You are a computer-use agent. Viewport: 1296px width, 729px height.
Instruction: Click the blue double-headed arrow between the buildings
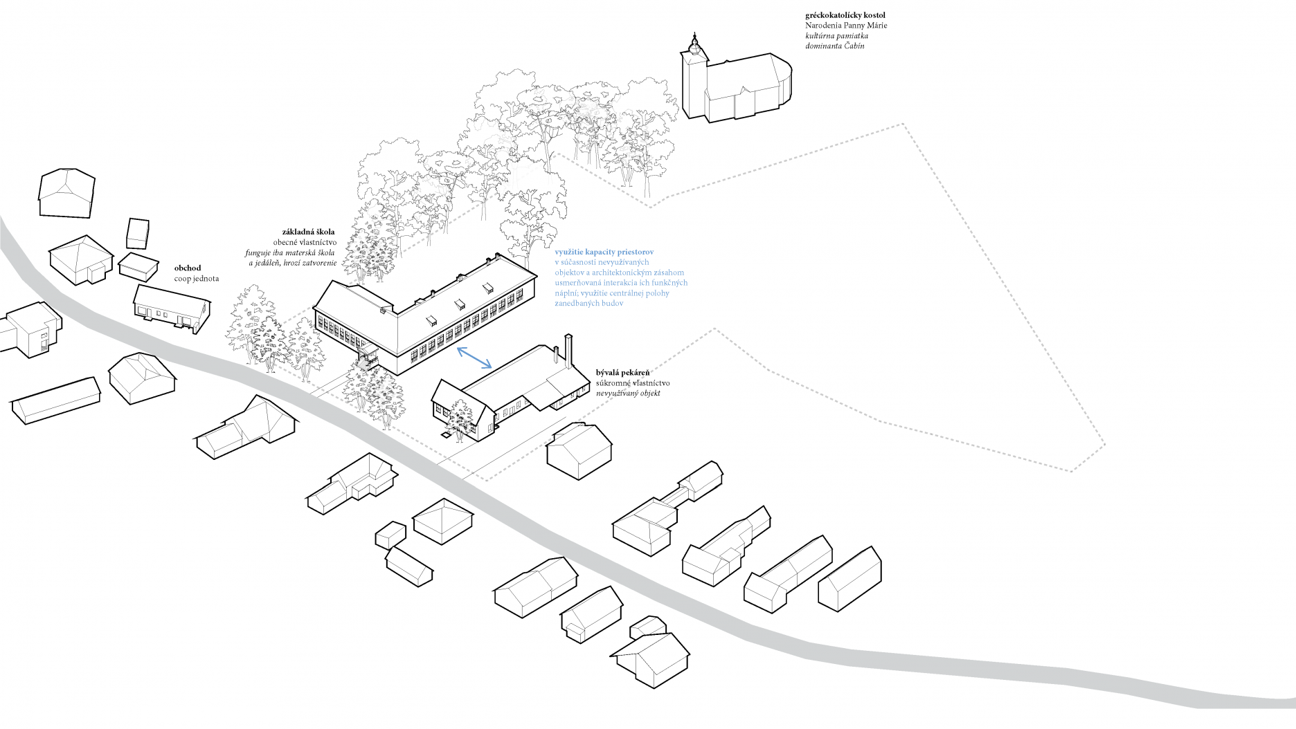point(474,357)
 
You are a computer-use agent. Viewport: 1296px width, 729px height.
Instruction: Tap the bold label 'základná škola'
point(308,232)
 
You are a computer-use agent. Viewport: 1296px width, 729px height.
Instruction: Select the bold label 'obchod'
point(188,268)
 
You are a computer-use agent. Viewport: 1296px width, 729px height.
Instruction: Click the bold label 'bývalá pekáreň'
point(622,373)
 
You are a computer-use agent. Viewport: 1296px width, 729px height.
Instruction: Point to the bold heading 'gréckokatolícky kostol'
point(845,15)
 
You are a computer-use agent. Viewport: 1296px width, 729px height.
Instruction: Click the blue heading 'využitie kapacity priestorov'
point(604,252)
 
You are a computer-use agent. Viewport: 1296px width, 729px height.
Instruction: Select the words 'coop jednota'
point(197,279)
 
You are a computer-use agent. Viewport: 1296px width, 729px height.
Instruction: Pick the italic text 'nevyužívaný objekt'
point(628,393)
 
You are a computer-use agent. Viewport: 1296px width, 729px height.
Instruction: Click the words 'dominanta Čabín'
point(834,46)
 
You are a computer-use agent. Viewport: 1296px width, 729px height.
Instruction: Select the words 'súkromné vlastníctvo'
point(633,383)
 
